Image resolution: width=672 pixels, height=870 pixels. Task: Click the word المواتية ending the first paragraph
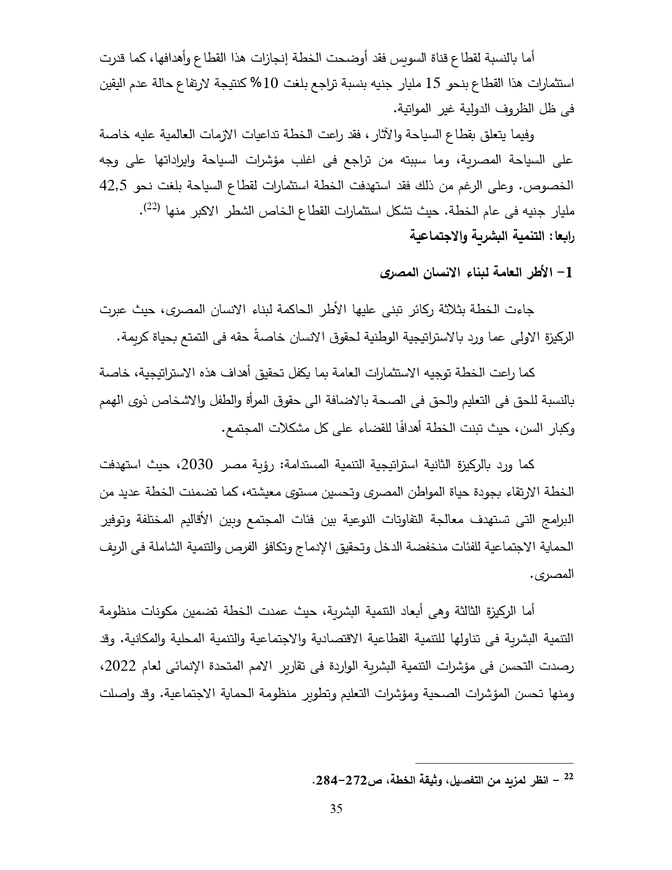[x=414, y=109]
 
